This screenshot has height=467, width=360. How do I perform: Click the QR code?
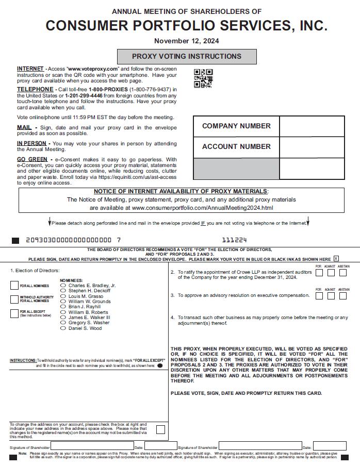pyautogui.click(x=203, y=78)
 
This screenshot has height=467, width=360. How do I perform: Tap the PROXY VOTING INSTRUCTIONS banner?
pyautogui.click(x=187, y=56)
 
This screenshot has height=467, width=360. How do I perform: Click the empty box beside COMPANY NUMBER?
pyautogui.click(x=312, y=126)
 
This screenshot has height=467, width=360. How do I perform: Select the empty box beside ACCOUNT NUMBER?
pyautogui.click(x=312, y=147)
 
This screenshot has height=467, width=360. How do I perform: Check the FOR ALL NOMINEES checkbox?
pyautogui.click(x=14, y=286)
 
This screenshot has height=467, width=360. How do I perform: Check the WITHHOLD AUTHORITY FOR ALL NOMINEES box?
pyautogui.click(x=14, y=299)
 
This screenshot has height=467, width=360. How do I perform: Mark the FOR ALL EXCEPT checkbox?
pyautogui.click(x=14, y=313)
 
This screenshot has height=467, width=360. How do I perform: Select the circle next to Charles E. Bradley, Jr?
pyautogui.click(x=63, y=285)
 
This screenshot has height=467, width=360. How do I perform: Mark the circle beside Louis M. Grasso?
pyautogui.click(x=63, y=296)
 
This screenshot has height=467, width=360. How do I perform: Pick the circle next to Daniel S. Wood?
pyautogui.click(x=63, y=328)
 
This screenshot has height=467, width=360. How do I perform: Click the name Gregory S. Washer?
pyautogui.click(x=89, y=323)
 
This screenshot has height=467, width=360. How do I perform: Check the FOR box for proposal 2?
pyautogui.click(x=319, y=273)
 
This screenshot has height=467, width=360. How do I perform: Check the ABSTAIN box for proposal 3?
pyautogui.click(x=344, y=296)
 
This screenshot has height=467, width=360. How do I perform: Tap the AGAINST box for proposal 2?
pyautogui.click(x=331, y=273)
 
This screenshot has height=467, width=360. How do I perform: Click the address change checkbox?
pyautogui.click(x=160, y=429)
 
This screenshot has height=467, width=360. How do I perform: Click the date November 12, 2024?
pyautogui.click(x=186, y=41)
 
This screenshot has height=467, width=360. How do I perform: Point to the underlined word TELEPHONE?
pyautogui.click(x=35, y=89)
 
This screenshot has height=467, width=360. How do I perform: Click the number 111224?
pyautogui.click(x=235, y=240)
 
